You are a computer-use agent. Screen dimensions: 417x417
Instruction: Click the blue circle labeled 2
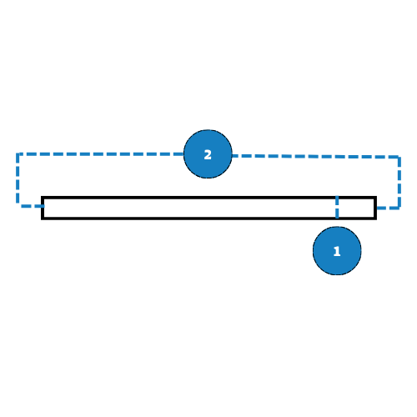point(208,154)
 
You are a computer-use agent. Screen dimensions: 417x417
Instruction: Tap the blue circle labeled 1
point(337,251)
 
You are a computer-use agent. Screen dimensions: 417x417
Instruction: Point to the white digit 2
point(208,155)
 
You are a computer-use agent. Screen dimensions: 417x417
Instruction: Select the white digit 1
point(337,252)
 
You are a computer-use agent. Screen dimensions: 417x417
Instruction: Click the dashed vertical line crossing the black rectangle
point(337,208)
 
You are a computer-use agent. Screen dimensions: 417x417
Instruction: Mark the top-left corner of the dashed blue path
point(18,154)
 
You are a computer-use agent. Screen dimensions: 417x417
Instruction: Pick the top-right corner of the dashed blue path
point(399,158)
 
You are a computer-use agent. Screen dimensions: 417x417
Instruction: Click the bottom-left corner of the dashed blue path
point(18,206)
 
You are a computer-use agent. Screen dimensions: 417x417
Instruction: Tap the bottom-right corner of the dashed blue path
point(399,208)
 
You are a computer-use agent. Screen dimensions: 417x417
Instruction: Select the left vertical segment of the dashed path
point(18,180)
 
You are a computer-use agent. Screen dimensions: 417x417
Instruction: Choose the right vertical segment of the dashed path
point(399,183)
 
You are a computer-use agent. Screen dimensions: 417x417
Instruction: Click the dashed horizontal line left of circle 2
point(101,154)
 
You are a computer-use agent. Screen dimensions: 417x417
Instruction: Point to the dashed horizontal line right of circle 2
point(315,157)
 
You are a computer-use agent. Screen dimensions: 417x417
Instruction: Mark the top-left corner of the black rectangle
point(43,198)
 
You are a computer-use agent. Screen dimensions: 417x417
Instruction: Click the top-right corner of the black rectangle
point(375,198)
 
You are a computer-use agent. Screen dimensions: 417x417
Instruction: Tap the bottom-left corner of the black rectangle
point(43,219)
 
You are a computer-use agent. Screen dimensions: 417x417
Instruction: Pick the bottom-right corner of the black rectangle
point(375,219)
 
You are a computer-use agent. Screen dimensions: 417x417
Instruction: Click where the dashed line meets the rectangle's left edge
point(43,206)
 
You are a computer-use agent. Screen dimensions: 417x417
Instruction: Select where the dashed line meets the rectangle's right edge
point(375,208)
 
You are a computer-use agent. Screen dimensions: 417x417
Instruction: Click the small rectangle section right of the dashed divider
point(356,208)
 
